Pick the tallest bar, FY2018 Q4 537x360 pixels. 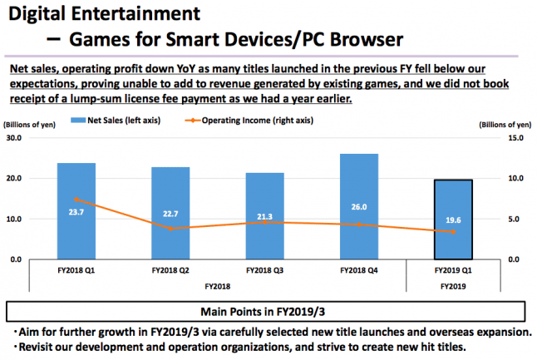(359, 206)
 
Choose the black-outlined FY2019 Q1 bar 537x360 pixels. (452, 219)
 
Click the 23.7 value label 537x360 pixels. (76, 212)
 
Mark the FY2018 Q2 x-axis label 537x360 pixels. (170, 271)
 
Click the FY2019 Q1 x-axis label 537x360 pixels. (452, 271)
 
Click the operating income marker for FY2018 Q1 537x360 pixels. (76, 200)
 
